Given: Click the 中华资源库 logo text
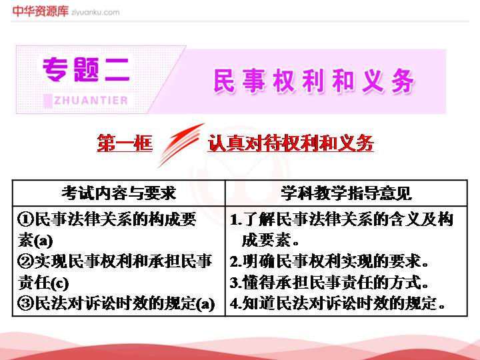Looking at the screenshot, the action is [x=41, y=11].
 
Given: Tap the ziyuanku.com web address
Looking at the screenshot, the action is [x=95, y=13].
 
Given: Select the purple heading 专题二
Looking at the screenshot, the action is [x=86, y=69].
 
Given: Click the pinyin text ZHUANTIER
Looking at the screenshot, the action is [x=91, y=100].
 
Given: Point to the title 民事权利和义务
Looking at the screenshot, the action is [x=314, y=81].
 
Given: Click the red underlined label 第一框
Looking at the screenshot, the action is [x=125, y=143].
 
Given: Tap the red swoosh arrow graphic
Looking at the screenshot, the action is [x=181, y=145].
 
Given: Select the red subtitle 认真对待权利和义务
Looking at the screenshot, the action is [x=291, y=143].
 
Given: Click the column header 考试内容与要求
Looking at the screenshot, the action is [x=119, y=193].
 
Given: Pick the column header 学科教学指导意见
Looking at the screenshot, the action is [x=346, y=193].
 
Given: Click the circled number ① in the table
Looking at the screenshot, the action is [x=26, y=219].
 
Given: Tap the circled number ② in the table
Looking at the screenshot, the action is [x=26, y=261].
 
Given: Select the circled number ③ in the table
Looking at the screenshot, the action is [x=26, y=303].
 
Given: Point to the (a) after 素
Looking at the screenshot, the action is [x=43, y=241].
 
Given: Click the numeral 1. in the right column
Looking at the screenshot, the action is [x=236, y=219].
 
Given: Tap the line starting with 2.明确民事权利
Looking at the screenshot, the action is [x=329, y=261].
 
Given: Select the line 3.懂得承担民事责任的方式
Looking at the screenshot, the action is [x=329, y=282].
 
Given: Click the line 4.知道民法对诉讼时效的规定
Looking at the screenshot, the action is [x=337, y=303].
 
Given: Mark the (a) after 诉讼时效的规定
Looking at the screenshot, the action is [x=205, y=304].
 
